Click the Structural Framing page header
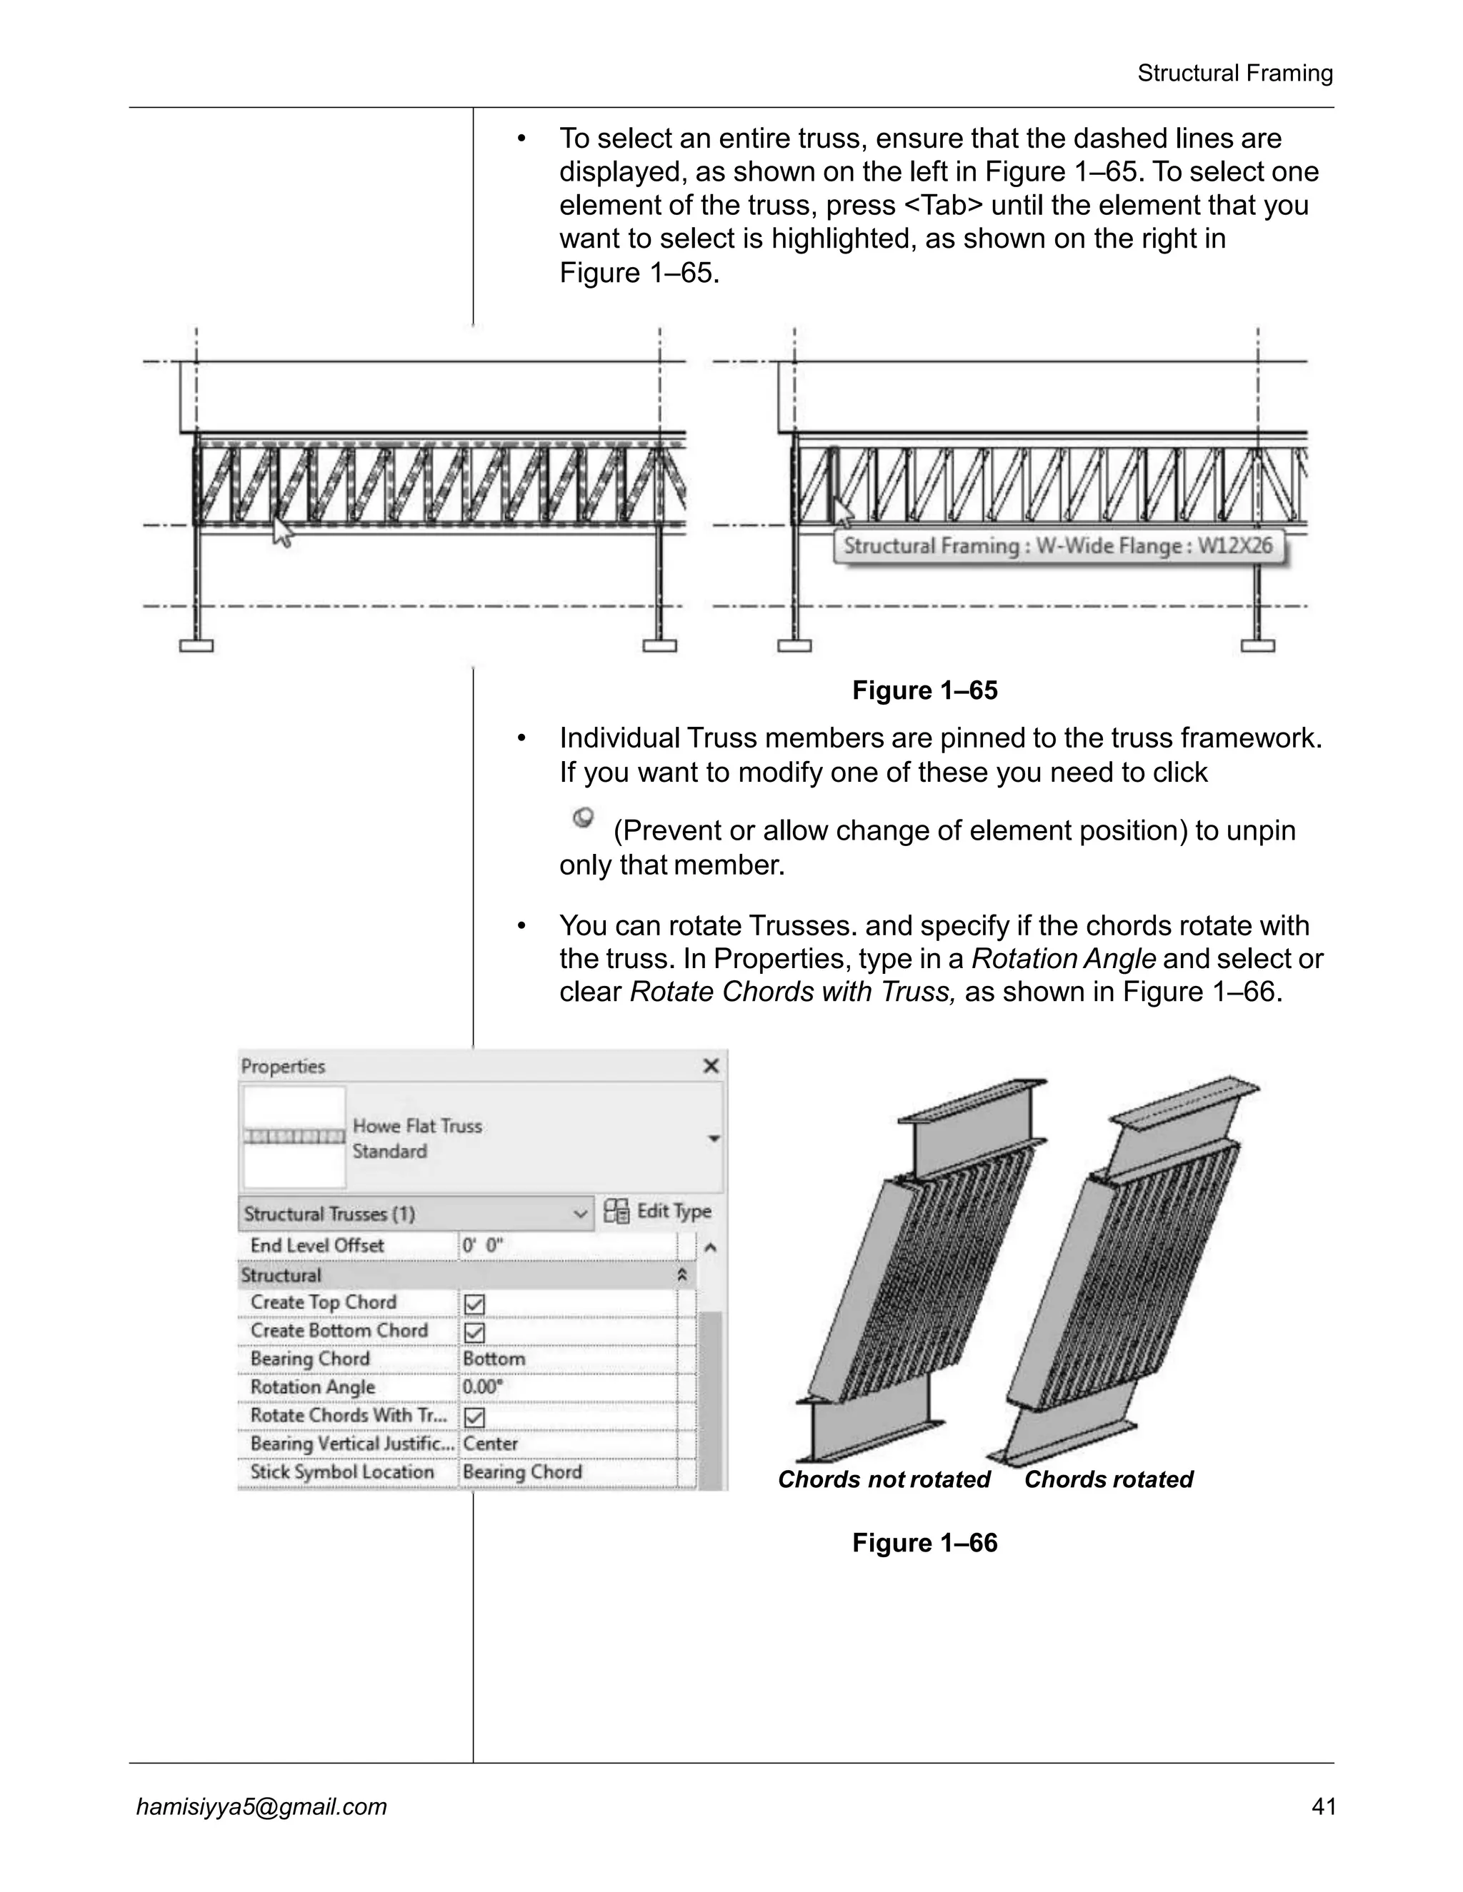1234,74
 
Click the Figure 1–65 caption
925,690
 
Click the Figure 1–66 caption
925,1543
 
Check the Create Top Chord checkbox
475,1304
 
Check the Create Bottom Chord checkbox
475,1332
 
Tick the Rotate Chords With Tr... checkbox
475,1417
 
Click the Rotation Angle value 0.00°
483,1388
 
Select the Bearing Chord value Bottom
494,1359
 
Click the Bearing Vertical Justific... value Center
491,1444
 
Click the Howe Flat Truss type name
417,1126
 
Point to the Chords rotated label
1109,1479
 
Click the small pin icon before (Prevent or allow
584,817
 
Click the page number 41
1324,1806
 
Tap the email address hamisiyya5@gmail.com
261,1806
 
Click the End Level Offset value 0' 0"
483,1246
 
